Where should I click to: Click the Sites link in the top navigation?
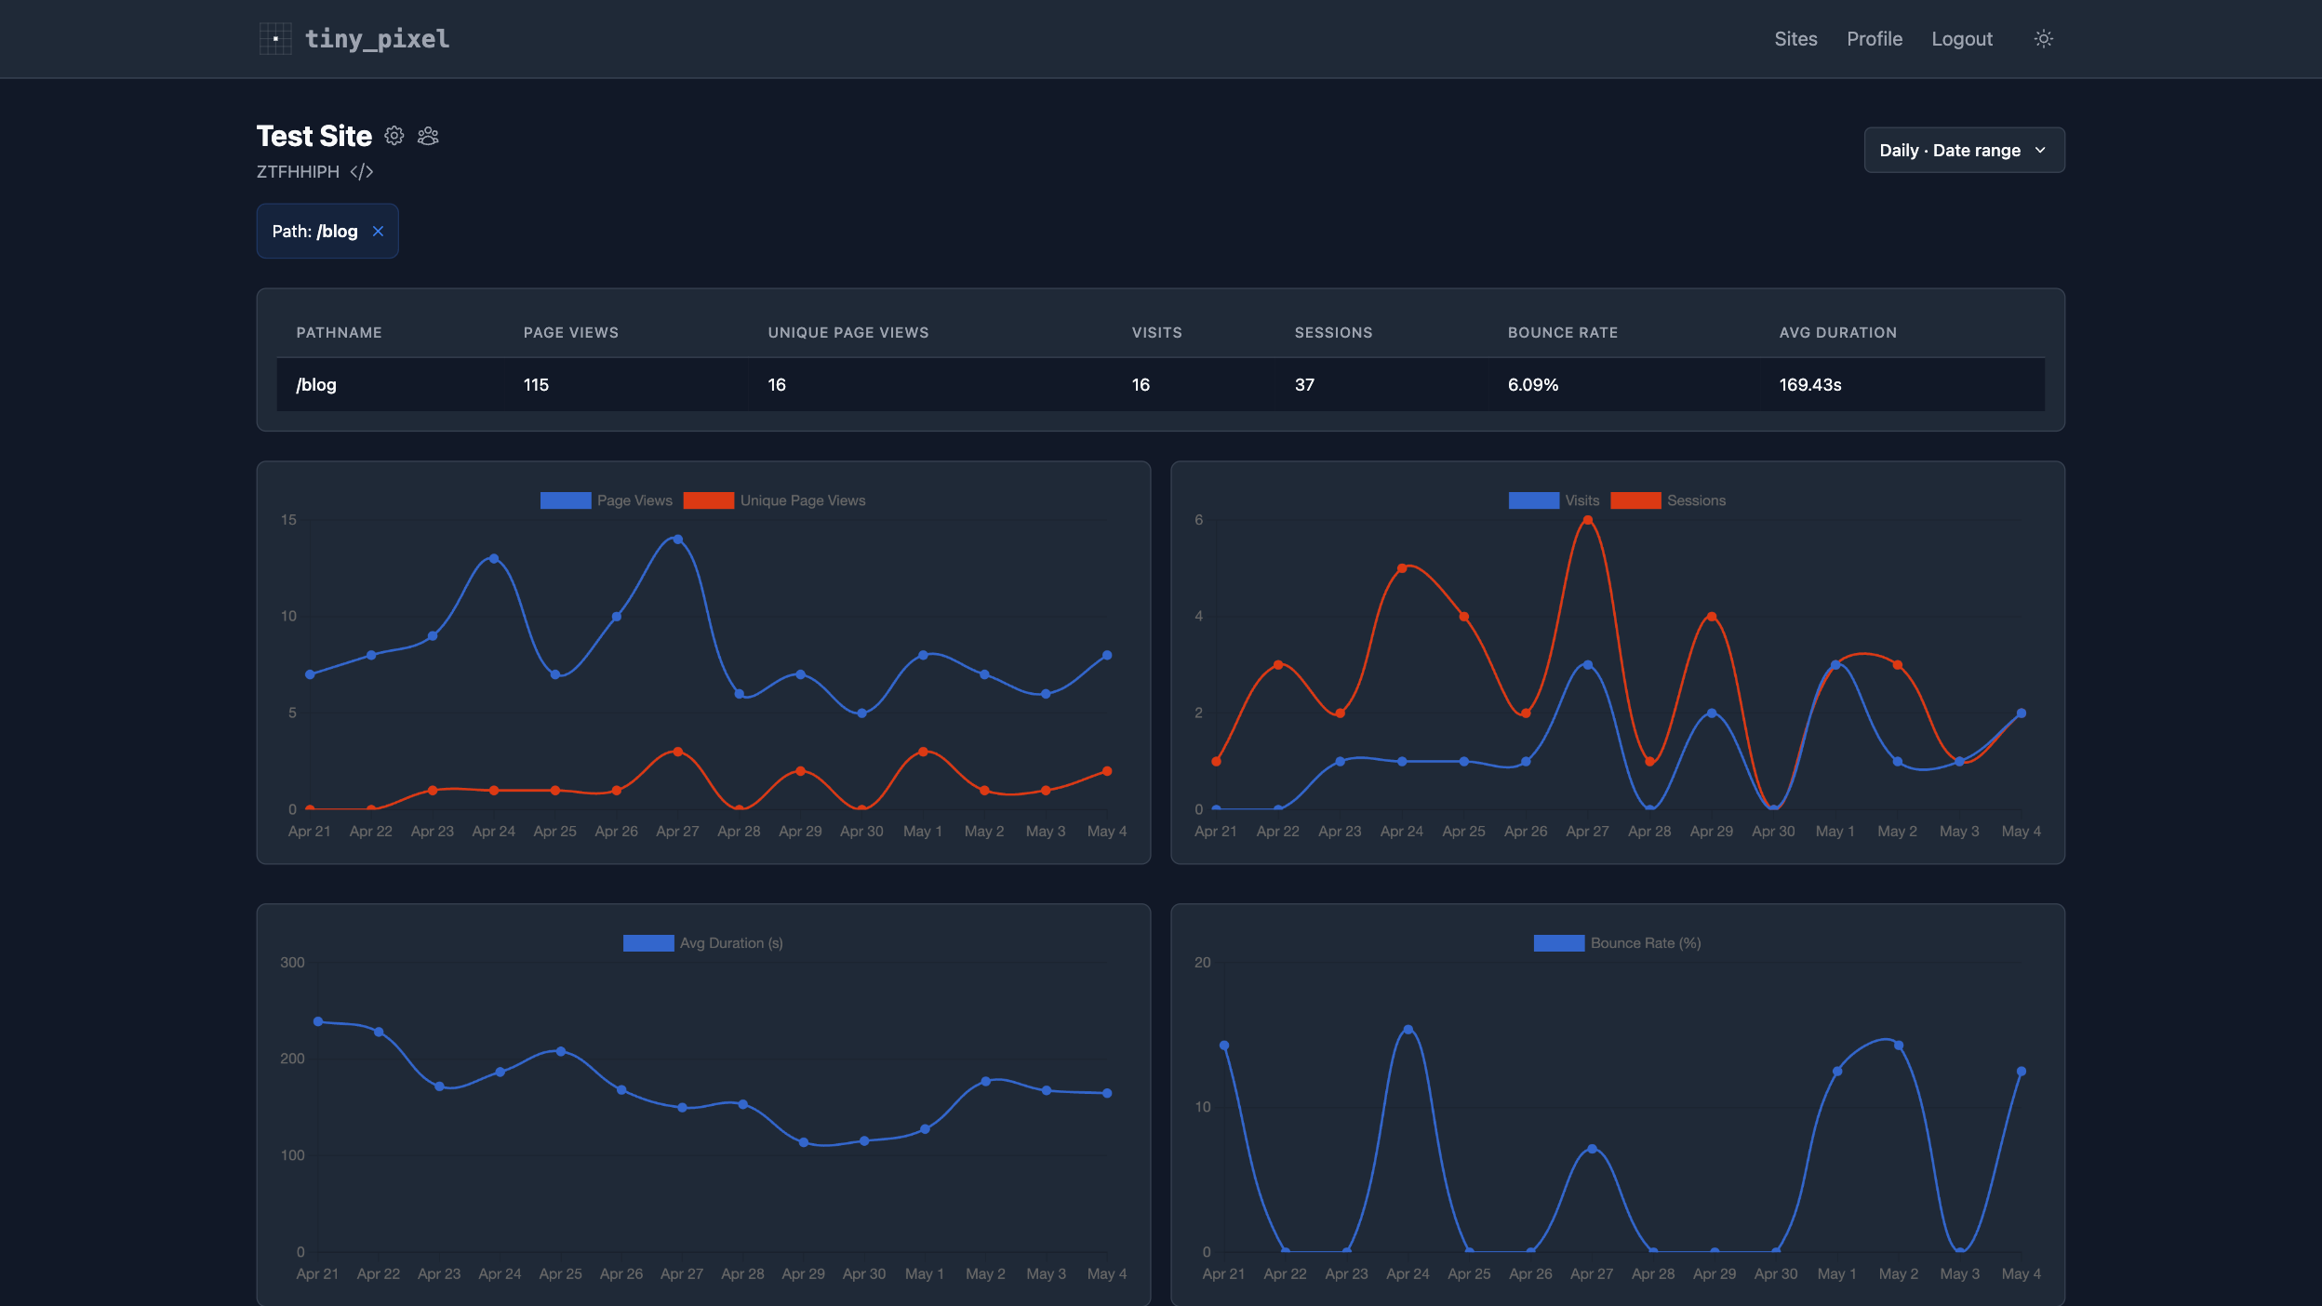[1795, 39]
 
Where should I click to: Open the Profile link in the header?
[1875, 39]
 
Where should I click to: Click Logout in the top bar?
[1962, 39]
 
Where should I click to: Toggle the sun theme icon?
[2044, 39]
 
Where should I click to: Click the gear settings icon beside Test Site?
[394, 136]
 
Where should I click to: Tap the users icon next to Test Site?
[428, 136]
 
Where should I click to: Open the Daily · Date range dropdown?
[1964, 150]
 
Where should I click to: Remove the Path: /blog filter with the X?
[378, 232]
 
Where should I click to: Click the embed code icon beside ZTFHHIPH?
[362, 172]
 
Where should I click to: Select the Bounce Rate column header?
[1563, 333]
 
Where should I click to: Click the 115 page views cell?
[536, 385]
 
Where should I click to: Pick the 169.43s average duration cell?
[1810, 385]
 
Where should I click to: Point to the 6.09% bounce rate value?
[1533, 385]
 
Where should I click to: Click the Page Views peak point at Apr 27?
[678, 540]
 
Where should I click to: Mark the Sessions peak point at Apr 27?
[1588, 521]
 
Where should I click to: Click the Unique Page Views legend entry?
[774, 500]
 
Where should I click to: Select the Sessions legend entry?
[1668, 500]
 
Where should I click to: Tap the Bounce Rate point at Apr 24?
[1408, 1030]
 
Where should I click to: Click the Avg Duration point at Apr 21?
[318, 1021]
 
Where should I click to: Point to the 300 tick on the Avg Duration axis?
[292, 963]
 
